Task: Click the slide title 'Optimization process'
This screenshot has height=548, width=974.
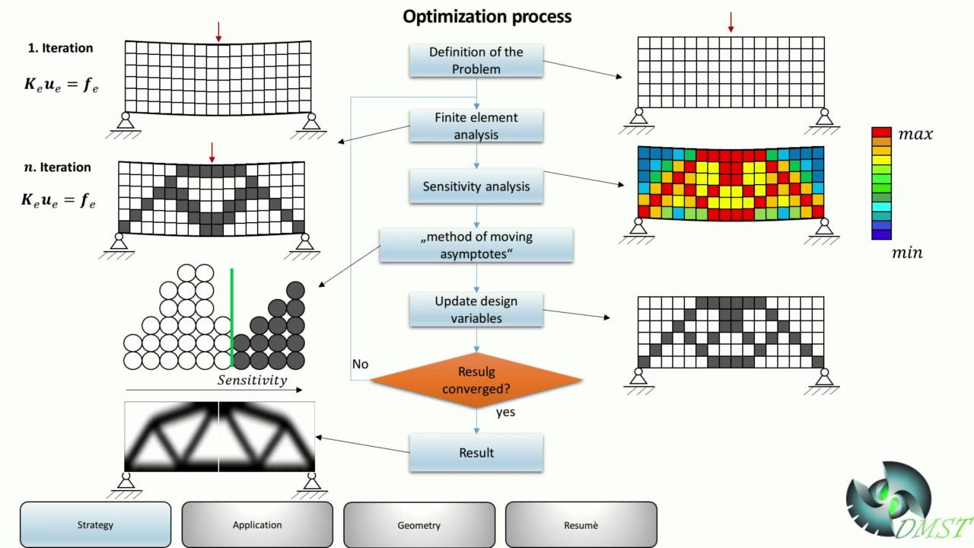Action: [487, 16]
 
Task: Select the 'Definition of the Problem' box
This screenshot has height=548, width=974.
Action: [476, 60]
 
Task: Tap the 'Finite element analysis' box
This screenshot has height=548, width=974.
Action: [476, 126]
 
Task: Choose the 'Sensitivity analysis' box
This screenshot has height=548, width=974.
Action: [476, 186]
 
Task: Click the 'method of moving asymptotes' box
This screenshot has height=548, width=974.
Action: [476, 245]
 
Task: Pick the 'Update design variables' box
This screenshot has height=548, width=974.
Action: [476, 309]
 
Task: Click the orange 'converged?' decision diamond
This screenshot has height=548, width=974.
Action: [476, 380]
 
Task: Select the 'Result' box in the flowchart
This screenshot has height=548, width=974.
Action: [476, 453]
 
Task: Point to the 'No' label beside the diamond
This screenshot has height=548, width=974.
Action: [360, 364]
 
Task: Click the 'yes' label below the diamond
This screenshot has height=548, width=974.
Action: [505, 412]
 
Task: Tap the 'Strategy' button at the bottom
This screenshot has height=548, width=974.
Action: [95, 524]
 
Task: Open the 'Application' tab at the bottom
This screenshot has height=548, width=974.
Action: [257, 524]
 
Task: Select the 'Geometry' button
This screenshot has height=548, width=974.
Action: [419, 524]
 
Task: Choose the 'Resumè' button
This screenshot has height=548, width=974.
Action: [581, 524]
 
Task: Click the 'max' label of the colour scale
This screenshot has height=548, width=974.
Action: [915, 135]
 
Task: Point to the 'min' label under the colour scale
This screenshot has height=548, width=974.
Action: [906, 253]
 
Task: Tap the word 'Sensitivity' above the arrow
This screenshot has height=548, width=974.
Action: [253, 380]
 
